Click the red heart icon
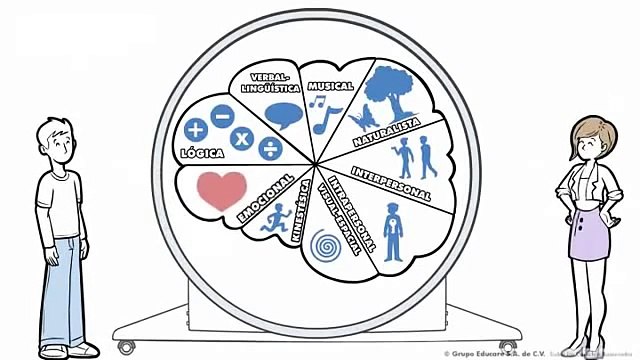(x=219, y=188)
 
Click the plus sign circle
(x=196, y=129)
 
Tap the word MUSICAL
(x=331, y=86)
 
